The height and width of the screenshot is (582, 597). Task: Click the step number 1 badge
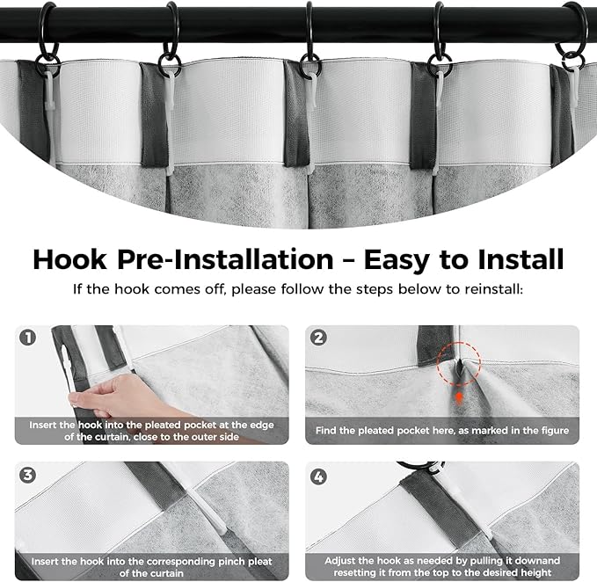click(28, 338)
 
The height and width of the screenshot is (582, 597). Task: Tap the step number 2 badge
click(318, 338)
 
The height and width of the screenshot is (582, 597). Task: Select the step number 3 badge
click(28, 475)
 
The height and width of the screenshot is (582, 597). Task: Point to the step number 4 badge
click(318, 477)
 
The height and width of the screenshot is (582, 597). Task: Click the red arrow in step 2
click(459, 398)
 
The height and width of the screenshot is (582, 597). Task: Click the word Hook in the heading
click(69, 260)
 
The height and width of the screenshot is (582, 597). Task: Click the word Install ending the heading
click(521, 259)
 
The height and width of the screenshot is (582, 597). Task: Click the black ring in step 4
click(413, 466)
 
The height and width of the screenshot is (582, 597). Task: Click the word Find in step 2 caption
click(325, 431)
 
